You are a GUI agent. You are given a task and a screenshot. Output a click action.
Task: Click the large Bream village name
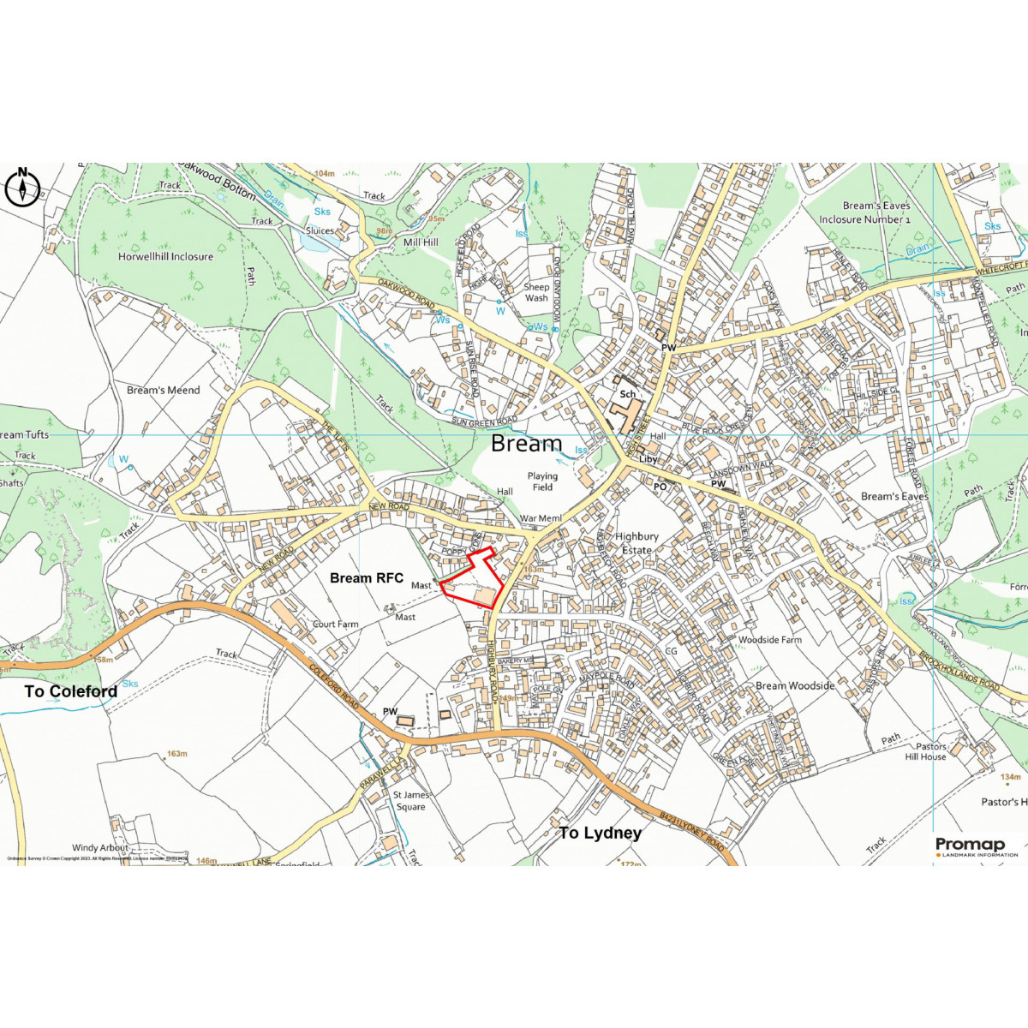coord(526,444)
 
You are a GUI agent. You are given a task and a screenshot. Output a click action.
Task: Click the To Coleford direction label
coord(70,691)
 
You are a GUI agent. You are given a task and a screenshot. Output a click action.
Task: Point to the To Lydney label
coord(600,833)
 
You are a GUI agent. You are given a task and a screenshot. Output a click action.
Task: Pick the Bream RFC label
coord(366,578)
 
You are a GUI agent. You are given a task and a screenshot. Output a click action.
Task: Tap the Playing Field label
coord(542,481)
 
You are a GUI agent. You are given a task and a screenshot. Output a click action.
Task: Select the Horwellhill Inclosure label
coord(165,256)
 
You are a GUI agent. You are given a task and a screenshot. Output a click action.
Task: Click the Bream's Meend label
coord(163,390)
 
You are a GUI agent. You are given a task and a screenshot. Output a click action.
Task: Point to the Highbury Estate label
coord(637,543)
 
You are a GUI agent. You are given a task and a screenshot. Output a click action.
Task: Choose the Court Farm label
coord(335,625)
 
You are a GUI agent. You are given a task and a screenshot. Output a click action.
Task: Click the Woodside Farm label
coord(770,640)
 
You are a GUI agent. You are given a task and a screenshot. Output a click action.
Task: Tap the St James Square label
coord(410,801)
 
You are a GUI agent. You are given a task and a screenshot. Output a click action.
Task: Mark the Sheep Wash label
coord(536,292)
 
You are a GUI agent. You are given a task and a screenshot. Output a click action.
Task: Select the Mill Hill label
coord(420,242)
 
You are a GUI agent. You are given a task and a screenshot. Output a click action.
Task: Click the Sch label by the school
coord(628,394)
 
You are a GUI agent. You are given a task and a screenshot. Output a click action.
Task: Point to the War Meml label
coord(541,518)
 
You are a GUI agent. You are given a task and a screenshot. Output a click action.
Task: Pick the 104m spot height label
coord(324,174)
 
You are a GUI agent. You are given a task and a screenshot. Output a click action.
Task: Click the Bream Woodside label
coord(795,685)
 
